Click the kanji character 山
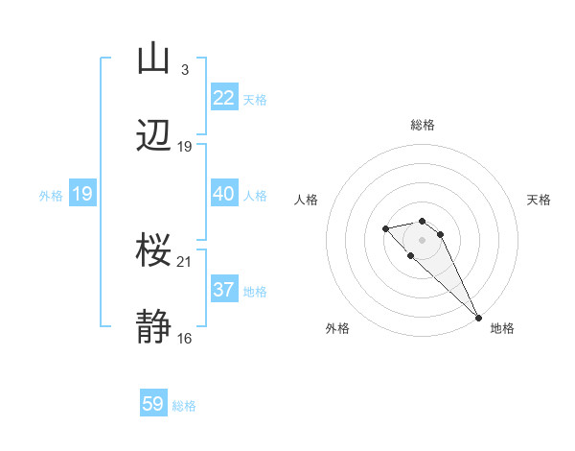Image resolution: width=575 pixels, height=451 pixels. pyautogui.click(x=154, y=60)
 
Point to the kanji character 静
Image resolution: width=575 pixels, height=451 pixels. pyautogui.click(x=154, y=327)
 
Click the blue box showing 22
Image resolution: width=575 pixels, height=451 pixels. pyautogui.click(x=224, y=98)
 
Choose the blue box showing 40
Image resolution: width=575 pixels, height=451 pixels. pyautogui.click(x=224, y=194)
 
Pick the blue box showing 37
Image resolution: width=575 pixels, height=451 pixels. pyautogui.click(x=224, y=290)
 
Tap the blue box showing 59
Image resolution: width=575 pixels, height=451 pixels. pyautogui.click(x=153, y=404)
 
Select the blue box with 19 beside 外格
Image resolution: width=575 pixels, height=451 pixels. pyautogui.click(x=81, y=194)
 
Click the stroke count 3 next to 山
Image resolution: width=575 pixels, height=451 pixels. pyautogui.click(x=184, y=70)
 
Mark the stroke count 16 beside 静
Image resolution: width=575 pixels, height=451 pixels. pyautogui.click(x=184, y=338)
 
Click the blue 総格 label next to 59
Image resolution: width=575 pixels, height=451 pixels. pyautogui.click(x=184, y=406)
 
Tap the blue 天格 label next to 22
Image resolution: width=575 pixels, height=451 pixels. pyautogui.click(x=255, y=100)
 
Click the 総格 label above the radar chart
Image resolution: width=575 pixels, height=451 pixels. pyautogui.click(x=423, y=125)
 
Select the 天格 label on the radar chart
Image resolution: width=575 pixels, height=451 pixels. pyautogui.click(x=539, y=200)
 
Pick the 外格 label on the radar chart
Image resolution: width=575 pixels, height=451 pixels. pyautogui.click(x=337, y=328)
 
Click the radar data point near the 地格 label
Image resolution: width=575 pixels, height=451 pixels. pyautogui.click(x=479, y=318)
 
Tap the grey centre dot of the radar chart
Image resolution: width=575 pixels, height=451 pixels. pyautogui.click(x=423, y=240)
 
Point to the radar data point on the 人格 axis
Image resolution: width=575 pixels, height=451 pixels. pyautogui.click(x=385, y=228)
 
